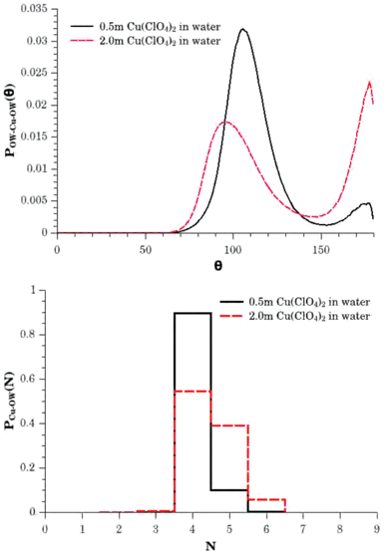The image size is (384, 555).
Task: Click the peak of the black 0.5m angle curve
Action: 242,30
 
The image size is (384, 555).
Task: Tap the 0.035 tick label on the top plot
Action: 33,7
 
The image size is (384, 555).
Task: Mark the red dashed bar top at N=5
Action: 230,425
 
